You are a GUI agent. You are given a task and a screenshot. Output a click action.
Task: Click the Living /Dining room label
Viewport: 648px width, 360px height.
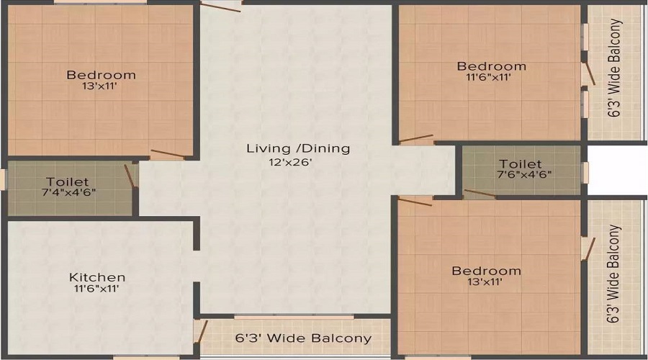point(298,148)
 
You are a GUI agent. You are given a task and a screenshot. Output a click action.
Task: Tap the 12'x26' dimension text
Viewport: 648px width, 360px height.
point(290,162)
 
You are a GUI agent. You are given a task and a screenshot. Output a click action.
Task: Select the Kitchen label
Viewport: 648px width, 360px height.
point(97,277)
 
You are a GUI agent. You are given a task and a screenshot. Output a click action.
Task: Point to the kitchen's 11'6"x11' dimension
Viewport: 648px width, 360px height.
point(96,289)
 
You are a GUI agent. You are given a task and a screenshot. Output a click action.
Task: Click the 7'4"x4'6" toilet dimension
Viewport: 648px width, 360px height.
point(69,193)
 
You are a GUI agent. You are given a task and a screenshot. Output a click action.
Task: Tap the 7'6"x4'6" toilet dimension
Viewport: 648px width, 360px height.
point(524,174)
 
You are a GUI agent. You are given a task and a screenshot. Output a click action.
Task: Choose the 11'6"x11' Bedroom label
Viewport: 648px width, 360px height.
point(491,66)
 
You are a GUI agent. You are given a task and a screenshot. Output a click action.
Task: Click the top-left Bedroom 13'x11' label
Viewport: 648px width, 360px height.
point(101,75)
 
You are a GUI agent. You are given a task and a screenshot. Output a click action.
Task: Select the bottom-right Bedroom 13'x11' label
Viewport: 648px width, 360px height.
point(486,271)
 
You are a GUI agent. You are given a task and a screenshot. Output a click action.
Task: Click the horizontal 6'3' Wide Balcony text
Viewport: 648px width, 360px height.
point(303,338)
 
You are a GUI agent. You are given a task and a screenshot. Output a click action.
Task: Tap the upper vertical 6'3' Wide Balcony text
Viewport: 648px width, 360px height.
point(614,68)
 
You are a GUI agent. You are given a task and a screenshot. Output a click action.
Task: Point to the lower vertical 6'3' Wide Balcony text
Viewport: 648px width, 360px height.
point(614,274)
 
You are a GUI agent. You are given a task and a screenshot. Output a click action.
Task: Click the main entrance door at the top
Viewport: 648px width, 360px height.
point(221,6)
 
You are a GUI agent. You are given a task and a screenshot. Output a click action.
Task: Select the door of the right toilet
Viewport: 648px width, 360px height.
point(480,194)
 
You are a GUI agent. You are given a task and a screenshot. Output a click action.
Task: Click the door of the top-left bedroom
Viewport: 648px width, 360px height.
point(168,154)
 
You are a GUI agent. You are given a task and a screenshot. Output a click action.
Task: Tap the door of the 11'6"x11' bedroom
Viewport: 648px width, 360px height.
point(416,139)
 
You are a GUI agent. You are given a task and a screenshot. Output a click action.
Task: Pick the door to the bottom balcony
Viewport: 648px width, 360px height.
point(202,331)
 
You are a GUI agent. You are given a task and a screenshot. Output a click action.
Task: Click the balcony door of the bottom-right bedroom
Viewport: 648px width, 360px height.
point(589,249)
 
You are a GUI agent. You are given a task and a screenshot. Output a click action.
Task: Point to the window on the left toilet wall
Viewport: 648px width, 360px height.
point(4,179)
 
